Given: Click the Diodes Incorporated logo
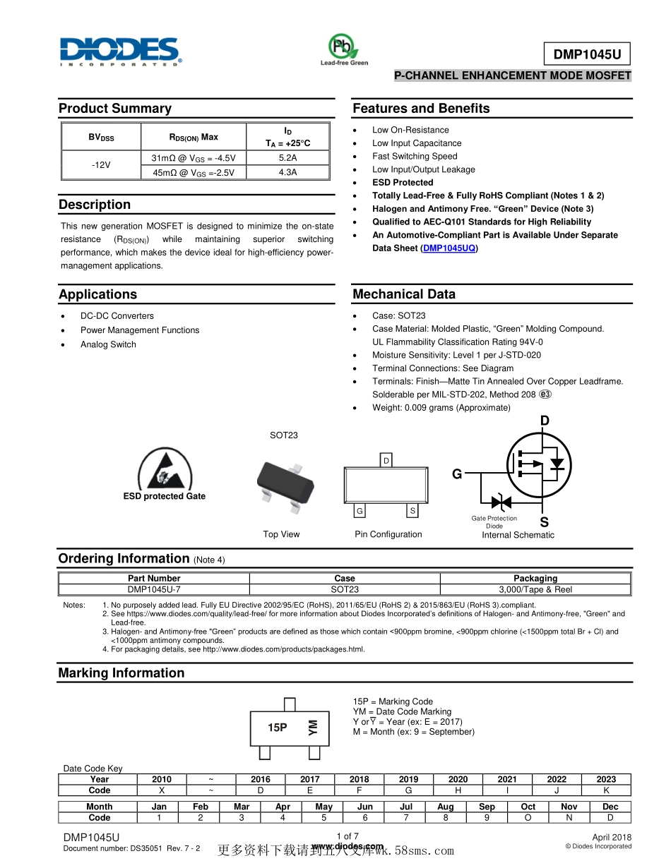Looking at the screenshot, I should (x=120, y=51).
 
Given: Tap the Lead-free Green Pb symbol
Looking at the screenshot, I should (x=343, y=47).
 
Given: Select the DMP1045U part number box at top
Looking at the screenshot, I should (x=586, y=54).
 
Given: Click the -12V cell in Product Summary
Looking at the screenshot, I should (x=101, y=165).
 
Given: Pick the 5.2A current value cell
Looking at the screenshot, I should (x=287, y=158).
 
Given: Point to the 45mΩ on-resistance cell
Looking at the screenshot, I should (x=194, y=172).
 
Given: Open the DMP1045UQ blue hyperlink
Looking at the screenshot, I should (x=449, y=248).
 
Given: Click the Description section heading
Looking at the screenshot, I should (x=95, y=205).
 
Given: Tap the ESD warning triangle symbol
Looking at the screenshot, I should (x=164, y=469).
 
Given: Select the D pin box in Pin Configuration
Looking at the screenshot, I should (x=386, y=461).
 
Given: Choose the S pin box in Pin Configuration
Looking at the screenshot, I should (x=412, y=511).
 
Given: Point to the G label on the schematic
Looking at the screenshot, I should (x=457, y=474).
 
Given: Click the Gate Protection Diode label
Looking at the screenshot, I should (x=494, y=522).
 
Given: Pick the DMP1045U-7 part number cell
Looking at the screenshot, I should (x=154, y=589).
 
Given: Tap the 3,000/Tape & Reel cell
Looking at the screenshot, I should (x=535, y=589).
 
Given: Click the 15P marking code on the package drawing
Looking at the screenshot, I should (x=277, y=728).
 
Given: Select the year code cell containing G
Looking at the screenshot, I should (x=408, y=790).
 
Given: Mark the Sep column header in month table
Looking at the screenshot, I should (x=487, y=807).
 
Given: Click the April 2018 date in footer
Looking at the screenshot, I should (x=612, y=838).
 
